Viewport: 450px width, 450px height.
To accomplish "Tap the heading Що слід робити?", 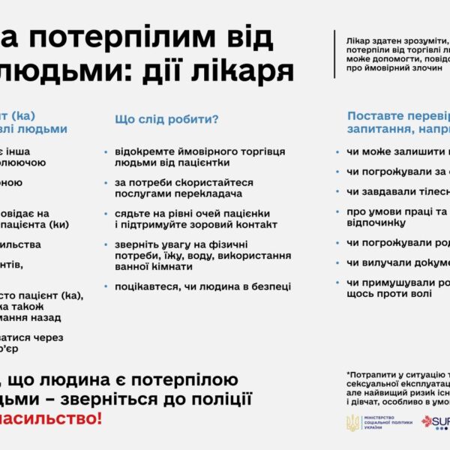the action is [166, 119].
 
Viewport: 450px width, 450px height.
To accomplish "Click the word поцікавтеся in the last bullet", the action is [145, 286].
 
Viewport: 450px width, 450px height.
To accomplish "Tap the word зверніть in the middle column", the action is [135, 244].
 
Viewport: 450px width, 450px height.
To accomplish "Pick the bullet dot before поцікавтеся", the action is [106, 286].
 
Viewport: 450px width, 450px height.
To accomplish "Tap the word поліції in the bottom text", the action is [224, 398].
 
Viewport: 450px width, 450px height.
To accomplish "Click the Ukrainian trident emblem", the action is [352, 423].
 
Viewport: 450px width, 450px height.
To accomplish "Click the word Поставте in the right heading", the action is [373, 116].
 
